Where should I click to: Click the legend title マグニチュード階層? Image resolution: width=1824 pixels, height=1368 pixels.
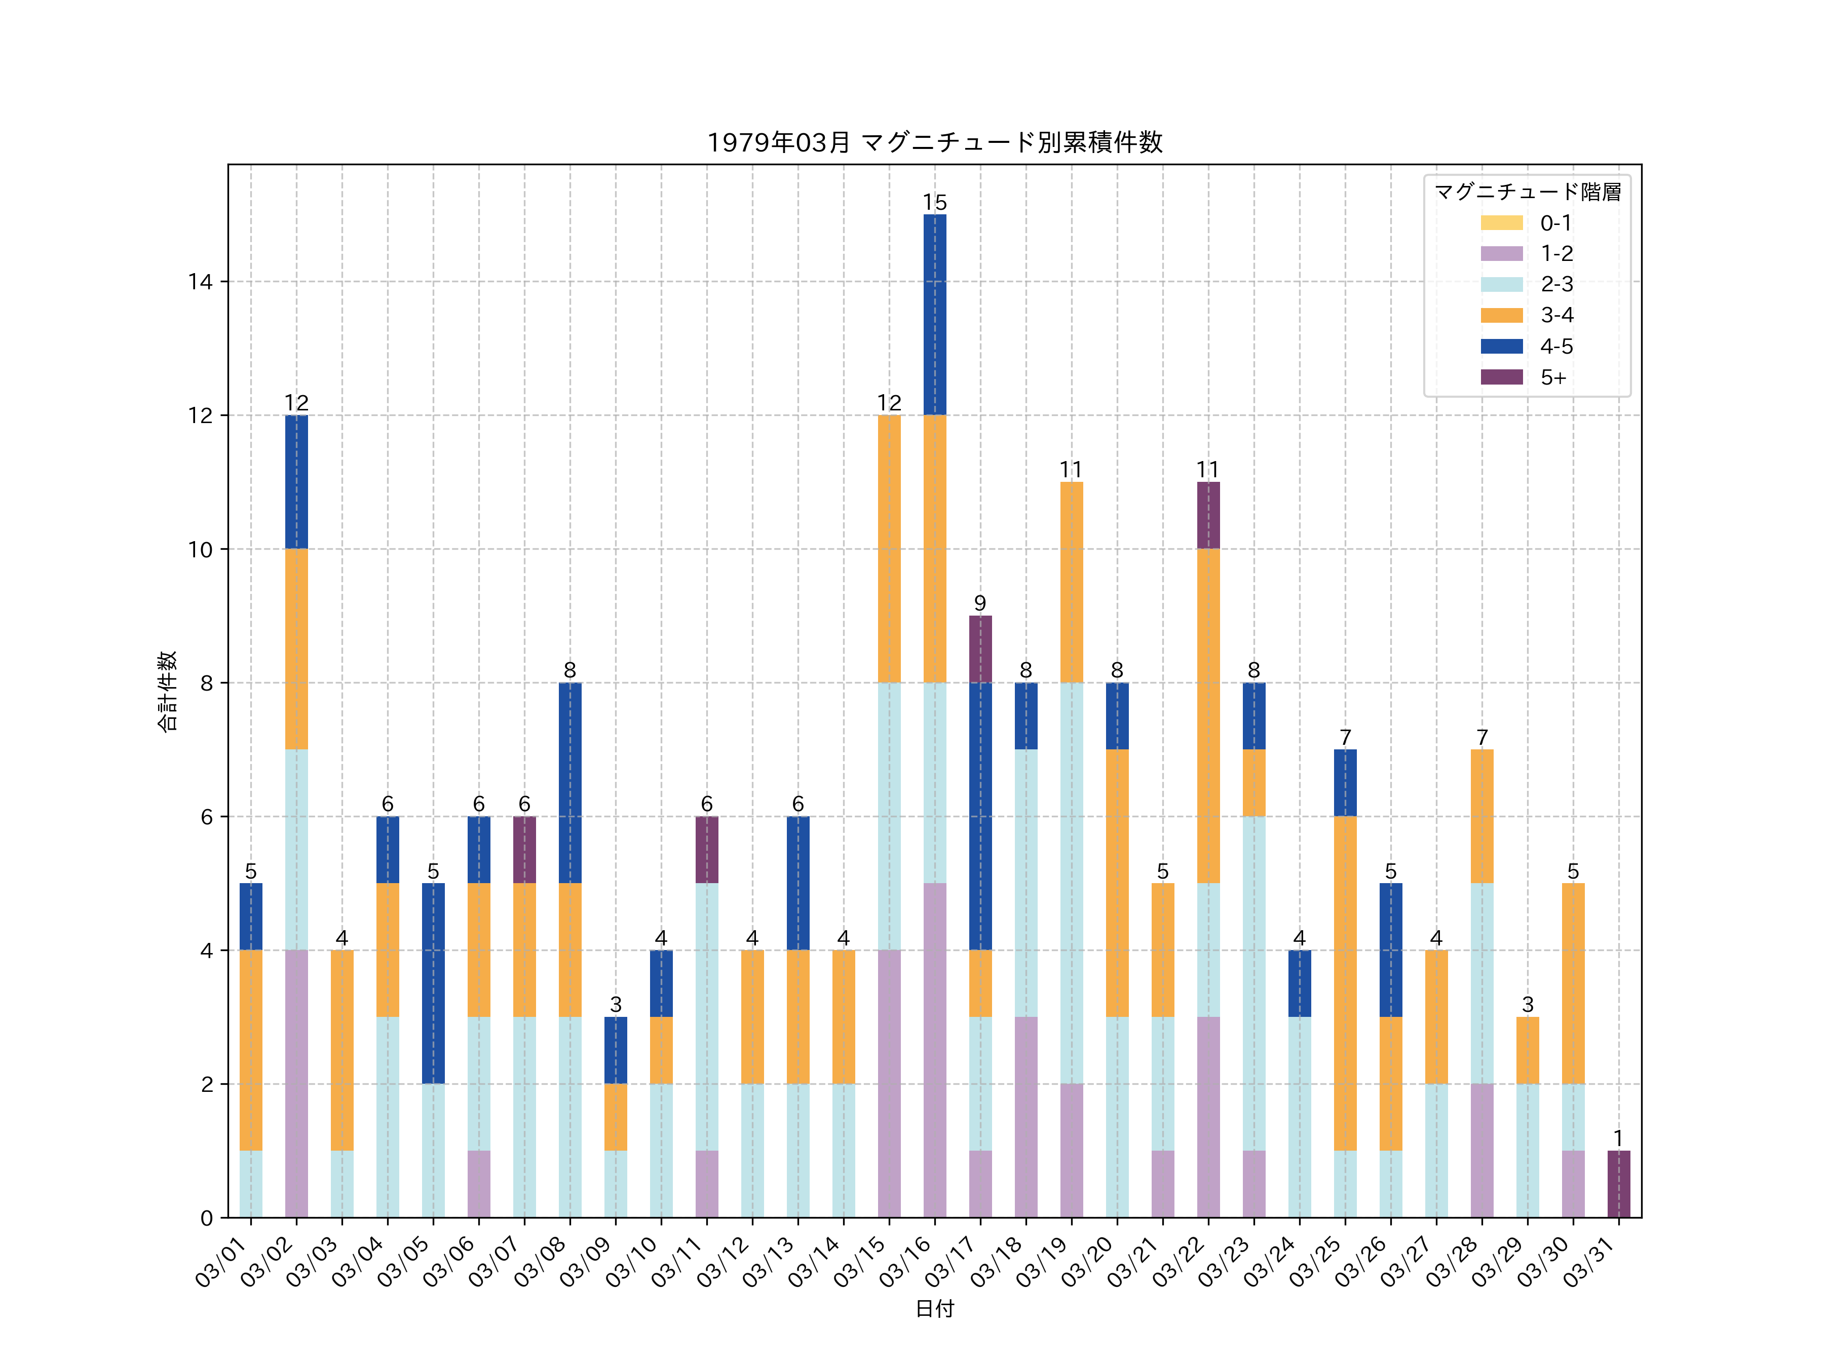tap(1527, 192)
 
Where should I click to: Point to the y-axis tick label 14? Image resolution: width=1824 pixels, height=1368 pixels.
tap(200, 282)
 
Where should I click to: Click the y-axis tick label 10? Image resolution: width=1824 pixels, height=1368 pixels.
tap(200, 549)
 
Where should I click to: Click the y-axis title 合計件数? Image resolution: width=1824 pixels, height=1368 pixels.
tap(167, 691)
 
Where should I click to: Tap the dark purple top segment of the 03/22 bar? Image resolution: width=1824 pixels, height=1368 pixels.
tap(1208, 515)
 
